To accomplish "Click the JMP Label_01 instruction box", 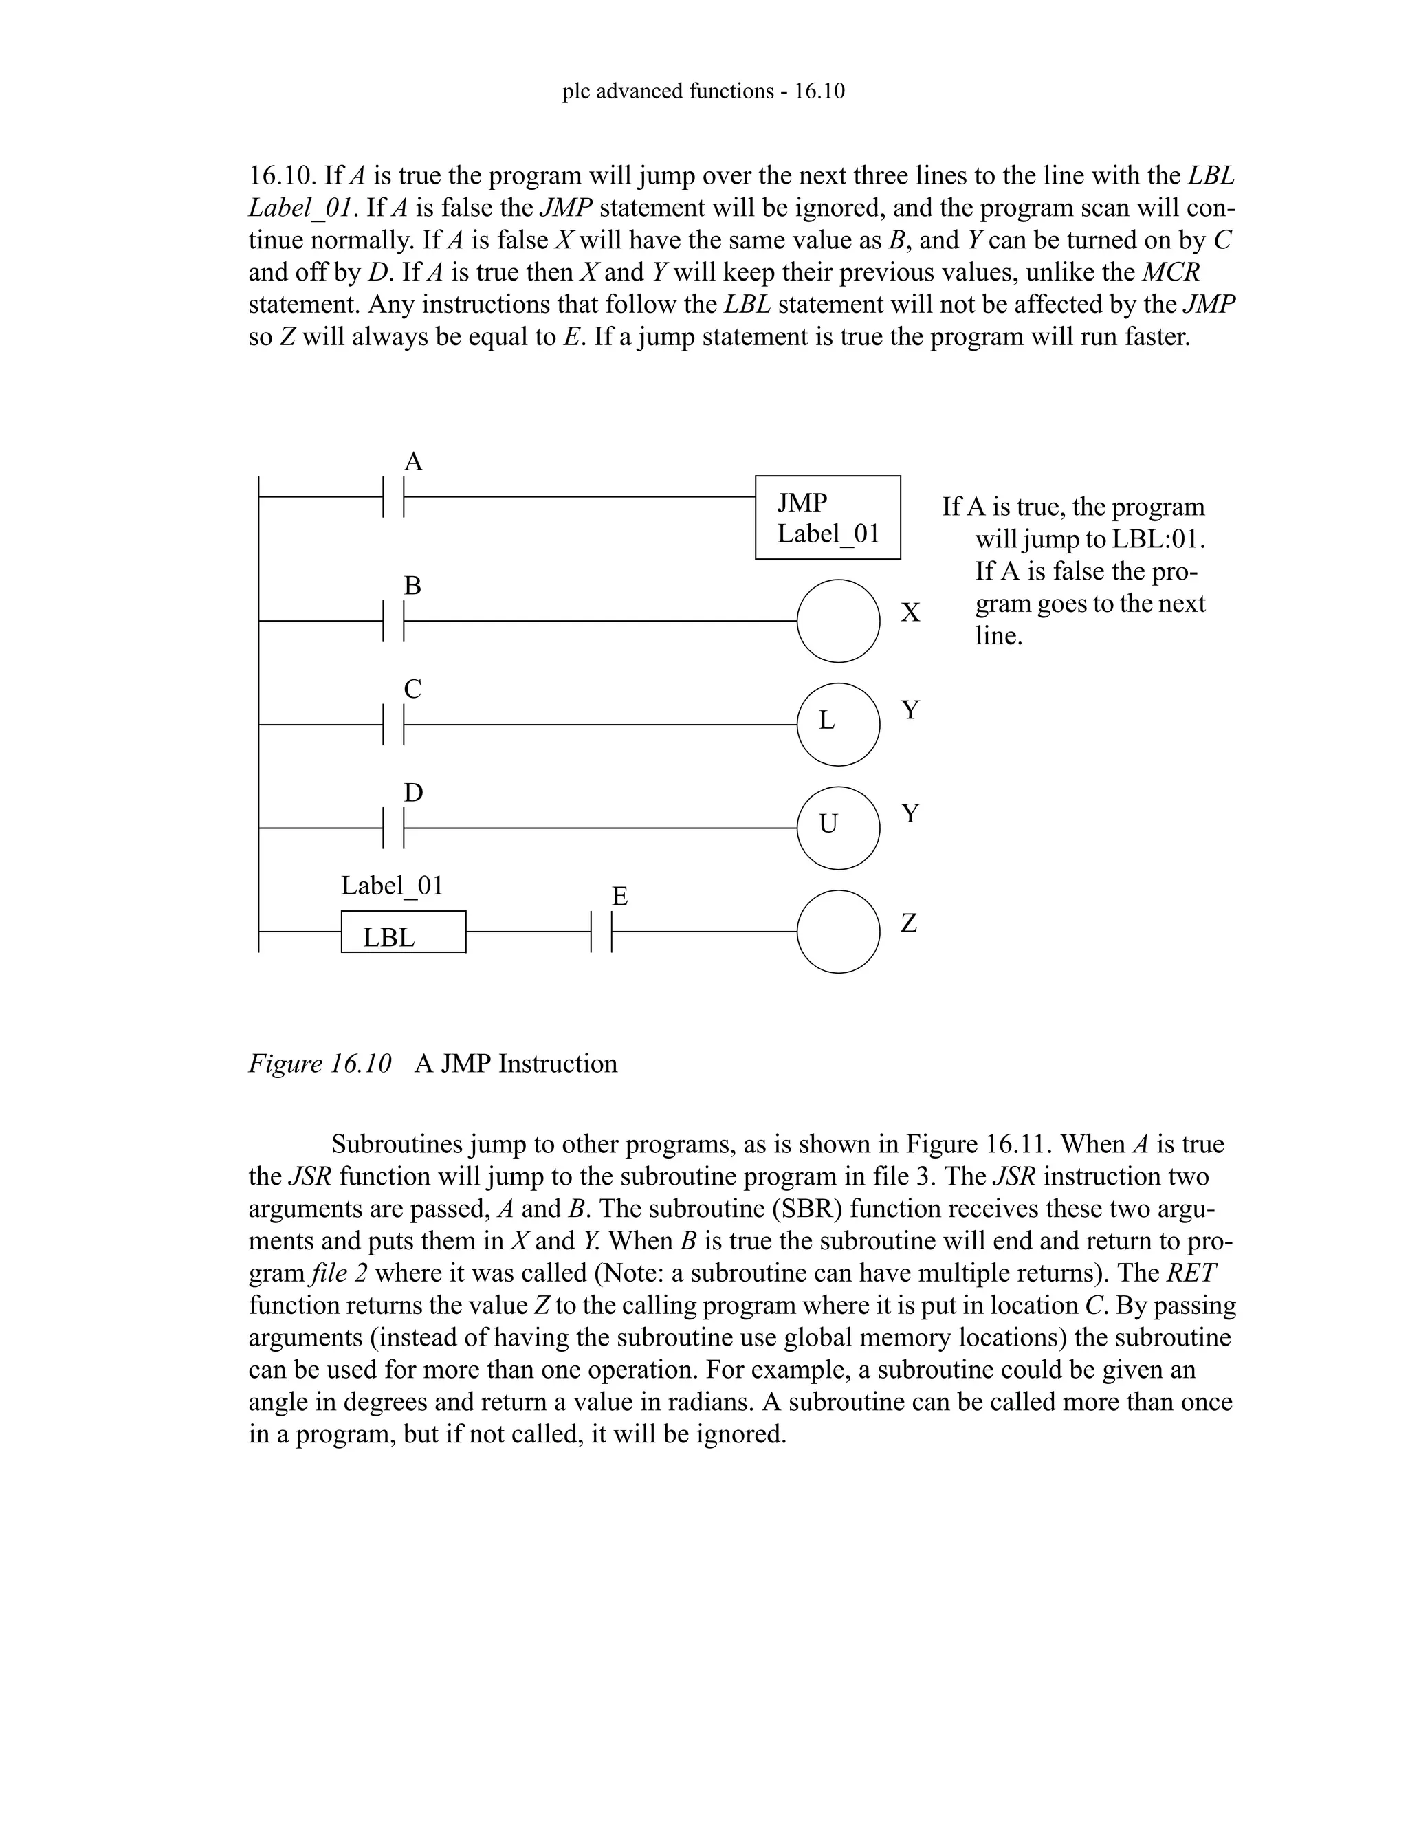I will click(x=828, y=517).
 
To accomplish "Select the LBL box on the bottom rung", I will click(x=403, y=932).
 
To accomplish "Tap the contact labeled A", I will click(x=394, y=496).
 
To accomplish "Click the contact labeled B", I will click(x=394, y=621).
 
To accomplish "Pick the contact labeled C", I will click(x=394, y=725).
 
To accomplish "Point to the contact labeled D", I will click(x=394, y=828).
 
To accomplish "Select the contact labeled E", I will click(x=602, y=932).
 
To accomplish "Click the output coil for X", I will click(x=838, y=621).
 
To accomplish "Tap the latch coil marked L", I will click(x=838, y=724).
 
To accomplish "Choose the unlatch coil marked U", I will click(x=838, y=828).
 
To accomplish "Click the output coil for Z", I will click(x=838, y=931).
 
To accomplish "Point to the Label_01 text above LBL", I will click(x=392, y=885).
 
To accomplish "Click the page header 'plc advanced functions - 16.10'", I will click(x=703, y=91).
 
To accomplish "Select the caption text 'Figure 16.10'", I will click(x=320, y=1064).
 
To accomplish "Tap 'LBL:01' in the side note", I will click(x=1158, y=539).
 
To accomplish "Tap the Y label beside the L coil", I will click(x=910, y=710).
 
